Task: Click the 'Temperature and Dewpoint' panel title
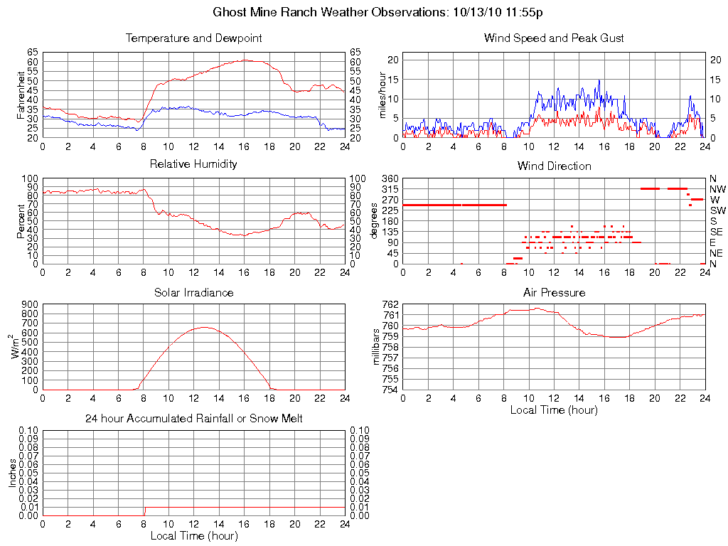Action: (x=193, y=38)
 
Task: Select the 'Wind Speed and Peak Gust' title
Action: (x=554, y=38)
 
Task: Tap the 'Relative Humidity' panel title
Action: (x=193, y=164)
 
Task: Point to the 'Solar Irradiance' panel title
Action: (x=193, y=292)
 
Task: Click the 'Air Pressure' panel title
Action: (x=554, y=292)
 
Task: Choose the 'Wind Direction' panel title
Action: (x=554, y=166)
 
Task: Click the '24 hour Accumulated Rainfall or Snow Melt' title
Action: (x=193, y=419)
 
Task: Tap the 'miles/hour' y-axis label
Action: (x=382, y=95)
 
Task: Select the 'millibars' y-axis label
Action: (x=378, y=346)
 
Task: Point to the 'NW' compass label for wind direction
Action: (x=717, y=189)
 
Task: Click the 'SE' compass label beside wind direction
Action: (x=716, y=232)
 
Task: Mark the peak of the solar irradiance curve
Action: (x=205, y=327)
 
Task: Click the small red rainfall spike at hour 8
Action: (x=144, y=510)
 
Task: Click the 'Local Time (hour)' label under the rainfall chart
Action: (x=193, y=535)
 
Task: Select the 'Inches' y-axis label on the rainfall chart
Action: (x=12, y=473)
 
